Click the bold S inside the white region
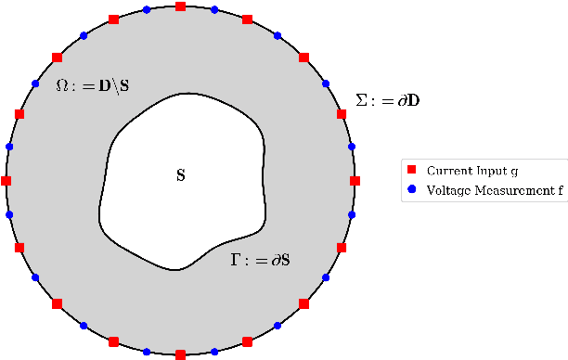[180, 174]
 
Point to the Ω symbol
[62, 86]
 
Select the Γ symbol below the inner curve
[236, 261]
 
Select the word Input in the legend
[491, 171]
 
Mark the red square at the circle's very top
[180, 6]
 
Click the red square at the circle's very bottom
[180, 354]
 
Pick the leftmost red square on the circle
[6, 180]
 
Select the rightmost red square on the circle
[354, 180]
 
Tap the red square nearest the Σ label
[341, 113]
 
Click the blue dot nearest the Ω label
[35, 84]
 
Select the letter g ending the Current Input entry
[516, 173]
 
